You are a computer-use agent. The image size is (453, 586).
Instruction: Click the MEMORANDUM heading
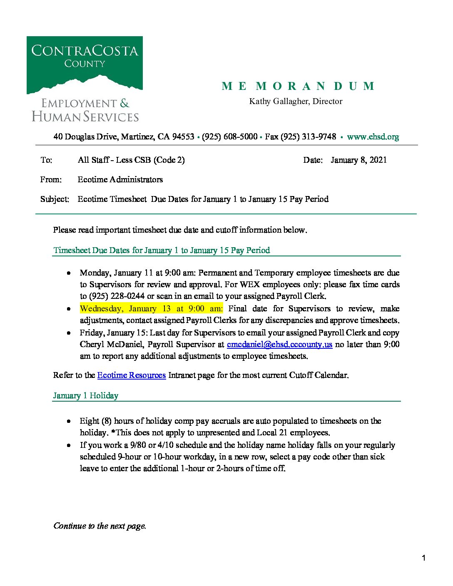pos(298,86)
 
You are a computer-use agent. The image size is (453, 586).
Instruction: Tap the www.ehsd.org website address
pos(373,137)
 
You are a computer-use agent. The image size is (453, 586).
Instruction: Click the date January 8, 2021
pos(358,160)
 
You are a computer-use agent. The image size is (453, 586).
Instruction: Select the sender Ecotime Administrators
pos(120,179)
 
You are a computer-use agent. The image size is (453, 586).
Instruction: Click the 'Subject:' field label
pos(55,199)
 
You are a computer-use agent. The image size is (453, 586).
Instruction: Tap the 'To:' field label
pos(46,160)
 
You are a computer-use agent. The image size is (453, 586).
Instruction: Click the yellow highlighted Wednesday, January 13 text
pos(151,308)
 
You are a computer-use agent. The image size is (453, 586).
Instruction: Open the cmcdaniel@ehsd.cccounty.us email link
pos(279,344)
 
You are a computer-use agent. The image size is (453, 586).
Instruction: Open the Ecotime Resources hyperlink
pos(131,375)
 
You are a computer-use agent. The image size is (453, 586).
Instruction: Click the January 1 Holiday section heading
pos(85,395)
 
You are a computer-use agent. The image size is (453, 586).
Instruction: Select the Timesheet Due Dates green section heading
pos(162,250)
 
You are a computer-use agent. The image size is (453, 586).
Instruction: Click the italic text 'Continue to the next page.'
pos(100,526)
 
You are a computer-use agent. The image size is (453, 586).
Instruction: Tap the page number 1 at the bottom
pos(423,558)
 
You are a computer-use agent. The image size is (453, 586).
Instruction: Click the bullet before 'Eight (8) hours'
pos(69,421)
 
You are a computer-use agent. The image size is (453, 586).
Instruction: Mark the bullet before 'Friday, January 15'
pos(69,333)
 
